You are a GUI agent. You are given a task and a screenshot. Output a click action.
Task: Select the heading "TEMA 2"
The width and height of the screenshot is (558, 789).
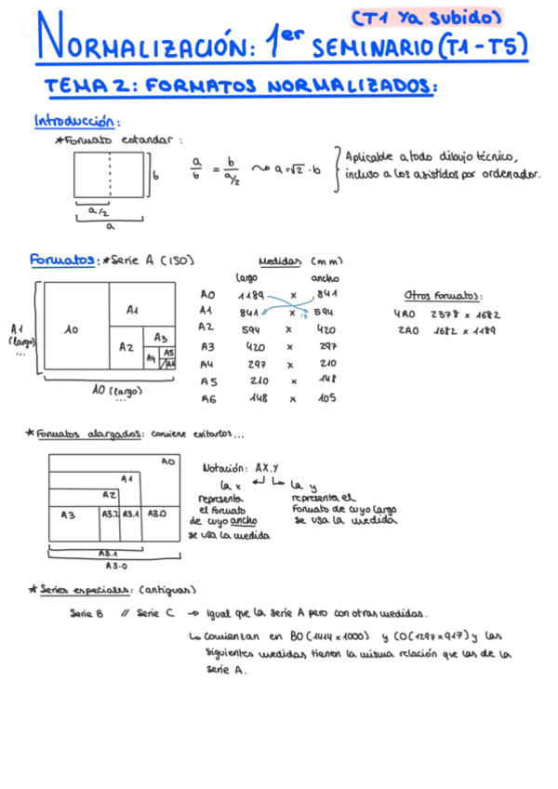point(88,87)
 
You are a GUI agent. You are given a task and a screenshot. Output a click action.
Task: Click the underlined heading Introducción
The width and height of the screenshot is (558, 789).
point(76,121)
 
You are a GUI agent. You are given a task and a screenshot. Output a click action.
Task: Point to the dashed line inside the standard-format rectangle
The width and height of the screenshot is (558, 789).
point(109,175)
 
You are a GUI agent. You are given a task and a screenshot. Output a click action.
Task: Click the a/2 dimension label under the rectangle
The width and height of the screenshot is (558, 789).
point(97,212)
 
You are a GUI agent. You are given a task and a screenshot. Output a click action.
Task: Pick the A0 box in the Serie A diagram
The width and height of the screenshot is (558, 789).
point(72,329)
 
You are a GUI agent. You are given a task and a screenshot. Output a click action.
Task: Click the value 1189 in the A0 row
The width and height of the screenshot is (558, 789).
point(251,294)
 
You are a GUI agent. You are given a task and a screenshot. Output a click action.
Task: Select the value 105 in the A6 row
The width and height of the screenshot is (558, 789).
point(328,398)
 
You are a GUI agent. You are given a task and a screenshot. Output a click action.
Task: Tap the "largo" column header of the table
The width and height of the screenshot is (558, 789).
point(246,276)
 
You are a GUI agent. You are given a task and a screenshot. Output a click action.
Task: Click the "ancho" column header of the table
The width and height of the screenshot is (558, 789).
point(325,276)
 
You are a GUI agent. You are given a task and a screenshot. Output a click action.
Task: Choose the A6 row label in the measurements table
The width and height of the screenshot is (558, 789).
point(208,398)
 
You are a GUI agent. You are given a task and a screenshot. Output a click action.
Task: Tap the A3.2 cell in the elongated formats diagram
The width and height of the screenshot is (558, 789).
point(109,514)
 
